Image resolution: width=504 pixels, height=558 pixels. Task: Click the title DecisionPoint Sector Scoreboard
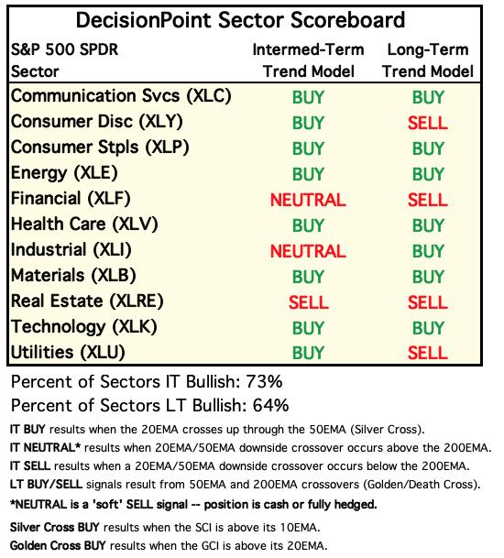(x=240, y=20)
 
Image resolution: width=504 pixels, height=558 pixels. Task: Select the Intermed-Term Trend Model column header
(x=308, y=60)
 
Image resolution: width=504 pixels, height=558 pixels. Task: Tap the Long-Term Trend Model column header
(x=428, y=60)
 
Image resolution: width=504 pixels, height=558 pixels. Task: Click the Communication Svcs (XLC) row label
(x=121, y=96)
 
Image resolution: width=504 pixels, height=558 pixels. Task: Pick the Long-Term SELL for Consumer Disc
(x=427, y=123)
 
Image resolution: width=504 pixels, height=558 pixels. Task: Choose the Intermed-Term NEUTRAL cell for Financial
(x=308, y=200)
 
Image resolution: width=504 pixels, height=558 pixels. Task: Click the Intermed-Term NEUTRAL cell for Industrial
(x=308, y=251)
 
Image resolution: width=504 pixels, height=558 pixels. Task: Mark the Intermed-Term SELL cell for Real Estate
(x=308, y=302)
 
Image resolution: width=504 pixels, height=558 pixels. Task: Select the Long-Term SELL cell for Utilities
(x=427, y=353)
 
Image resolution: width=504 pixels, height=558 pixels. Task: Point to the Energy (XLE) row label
(x=64, y=173)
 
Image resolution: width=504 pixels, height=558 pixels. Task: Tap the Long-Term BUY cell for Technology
(x=428, y=328)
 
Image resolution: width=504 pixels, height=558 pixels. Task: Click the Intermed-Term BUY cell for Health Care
(x=308, y=225)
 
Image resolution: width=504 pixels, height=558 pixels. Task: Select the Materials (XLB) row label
(x=73, y=276)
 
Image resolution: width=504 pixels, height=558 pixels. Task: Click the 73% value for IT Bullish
(x=264, y=381)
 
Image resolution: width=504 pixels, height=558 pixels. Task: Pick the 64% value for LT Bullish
(x=270, y=405)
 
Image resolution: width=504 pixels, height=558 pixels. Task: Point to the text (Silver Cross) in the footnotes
(x=388, y=430)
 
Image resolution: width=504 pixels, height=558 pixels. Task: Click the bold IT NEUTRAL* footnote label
(x=45, y=447)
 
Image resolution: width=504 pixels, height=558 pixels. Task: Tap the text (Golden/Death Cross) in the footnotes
(x=424, y=485)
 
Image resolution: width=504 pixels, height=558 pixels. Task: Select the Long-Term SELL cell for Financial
(x=427, y=200)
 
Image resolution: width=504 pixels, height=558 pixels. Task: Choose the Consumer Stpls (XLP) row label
(x=100, y=148)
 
